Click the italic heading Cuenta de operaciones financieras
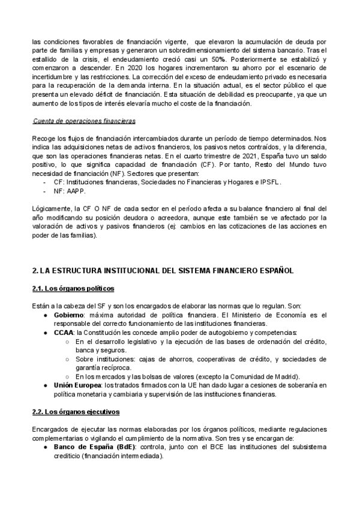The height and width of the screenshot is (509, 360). tap(84, 121)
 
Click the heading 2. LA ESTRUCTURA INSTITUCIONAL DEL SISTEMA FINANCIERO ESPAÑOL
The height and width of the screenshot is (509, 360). tap(163, 271)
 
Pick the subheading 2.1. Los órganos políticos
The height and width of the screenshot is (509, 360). tap(73, 289)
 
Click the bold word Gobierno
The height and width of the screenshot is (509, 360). tap(68, 315)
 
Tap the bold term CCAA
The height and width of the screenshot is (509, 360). tap(63, 332)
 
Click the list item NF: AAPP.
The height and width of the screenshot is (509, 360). tap(70, 191)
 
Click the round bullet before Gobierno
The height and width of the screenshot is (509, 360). tap(46, 315)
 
